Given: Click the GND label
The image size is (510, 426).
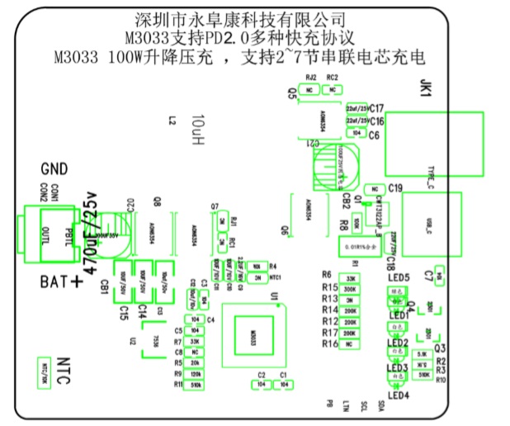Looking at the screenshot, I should [54, 168].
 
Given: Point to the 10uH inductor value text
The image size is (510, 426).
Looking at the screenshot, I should [196, 130].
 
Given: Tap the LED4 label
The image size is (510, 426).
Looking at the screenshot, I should [399, 394].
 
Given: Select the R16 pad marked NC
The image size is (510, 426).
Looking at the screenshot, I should [350, 343].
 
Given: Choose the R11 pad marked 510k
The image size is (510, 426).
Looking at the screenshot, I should [196, 385].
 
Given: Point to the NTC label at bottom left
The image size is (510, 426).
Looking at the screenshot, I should [69, 364].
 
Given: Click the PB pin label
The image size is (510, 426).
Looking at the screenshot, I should [329, 404].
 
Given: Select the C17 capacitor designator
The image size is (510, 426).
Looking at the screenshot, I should [377, 108].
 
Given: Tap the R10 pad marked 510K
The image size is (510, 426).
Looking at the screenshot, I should [423, 374].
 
